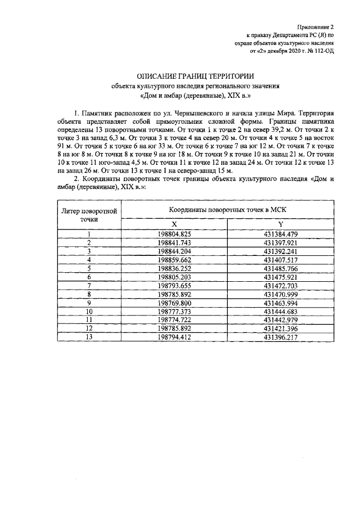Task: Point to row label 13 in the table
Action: (89, 337)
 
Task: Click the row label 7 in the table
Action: (89, 285)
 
